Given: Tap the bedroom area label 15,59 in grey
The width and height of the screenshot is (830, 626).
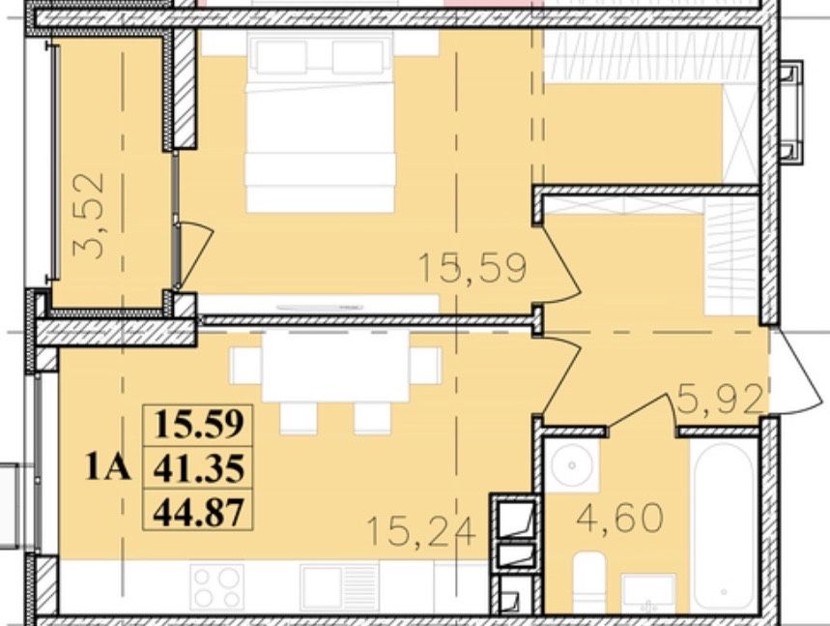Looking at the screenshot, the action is click(472, 268).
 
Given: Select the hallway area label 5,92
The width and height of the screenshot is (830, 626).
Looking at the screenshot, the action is click(720, 400).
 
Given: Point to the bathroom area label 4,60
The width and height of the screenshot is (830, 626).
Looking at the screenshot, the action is click(619, 517).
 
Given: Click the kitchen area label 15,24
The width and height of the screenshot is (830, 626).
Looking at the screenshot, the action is click(421, 531).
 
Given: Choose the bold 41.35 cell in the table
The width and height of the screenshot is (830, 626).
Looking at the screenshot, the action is click(199, 468).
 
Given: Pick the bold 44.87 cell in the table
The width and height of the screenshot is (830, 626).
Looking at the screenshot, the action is click(199, 510).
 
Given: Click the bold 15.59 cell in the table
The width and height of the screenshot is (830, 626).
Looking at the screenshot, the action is click(199, 426).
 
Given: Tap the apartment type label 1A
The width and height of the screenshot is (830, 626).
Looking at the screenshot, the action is click(107, 468).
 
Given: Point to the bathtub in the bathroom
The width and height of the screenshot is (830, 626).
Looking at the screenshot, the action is click(724, 525).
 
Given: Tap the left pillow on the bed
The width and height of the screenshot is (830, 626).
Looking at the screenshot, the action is click(281, 57).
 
